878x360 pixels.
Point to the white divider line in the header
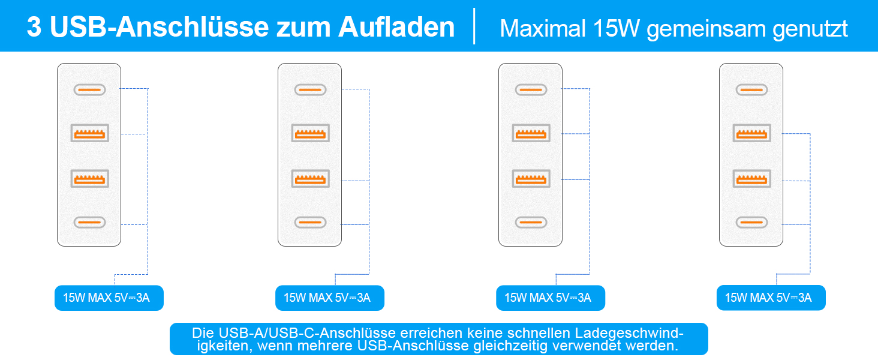474,26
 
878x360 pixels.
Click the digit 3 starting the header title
34,28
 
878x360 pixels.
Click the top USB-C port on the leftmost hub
89,89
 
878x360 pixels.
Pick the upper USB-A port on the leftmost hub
89,133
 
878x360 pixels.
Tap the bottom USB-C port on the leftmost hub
89,223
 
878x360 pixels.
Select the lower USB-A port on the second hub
310,178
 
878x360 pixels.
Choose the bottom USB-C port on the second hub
310,223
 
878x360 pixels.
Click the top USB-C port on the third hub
531,89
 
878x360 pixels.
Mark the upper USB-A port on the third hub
531,133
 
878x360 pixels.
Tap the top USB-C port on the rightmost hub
751,89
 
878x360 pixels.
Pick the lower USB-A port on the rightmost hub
751,178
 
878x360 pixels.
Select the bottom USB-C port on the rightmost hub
751,223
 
